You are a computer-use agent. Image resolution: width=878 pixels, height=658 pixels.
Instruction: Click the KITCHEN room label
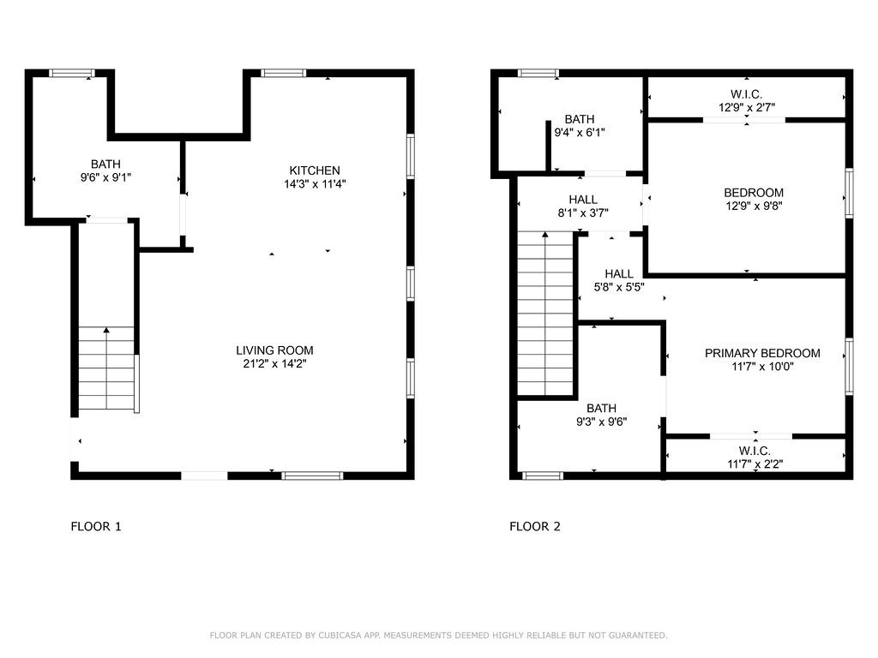click(315, 170)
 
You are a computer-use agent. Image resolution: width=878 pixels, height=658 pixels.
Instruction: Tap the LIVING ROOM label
click(274, 350)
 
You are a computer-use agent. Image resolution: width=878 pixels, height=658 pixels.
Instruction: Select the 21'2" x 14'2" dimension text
click(274, 364)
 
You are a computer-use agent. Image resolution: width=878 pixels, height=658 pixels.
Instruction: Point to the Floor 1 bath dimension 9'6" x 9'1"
click(106, 177)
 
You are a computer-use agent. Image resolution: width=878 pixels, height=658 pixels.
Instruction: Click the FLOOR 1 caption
click(96, 527)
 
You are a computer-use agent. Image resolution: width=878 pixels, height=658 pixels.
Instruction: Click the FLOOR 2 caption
click(535, 527)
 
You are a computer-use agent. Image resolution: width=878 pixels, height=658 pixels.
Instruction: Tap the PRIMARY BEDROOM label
click(762, 353)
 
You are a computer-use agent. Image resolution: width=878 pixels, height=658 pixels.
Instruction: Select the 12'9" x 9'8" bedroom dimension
click(753, 206)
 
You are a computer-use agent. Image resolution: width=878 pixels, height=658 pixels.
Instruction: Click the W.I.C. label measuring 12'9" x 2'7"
click(746, 94)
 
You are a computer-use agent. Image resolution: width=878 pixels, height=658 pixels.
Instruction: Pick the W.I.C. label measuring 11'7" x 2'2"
click(755, 451)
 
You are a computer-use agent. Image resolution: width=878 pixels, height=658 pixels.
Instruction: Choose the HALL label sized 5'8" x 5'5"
click(619, 274)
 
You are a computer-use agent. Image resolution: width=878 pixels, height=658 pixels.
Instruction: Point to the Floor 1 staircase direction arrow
click(106, 330)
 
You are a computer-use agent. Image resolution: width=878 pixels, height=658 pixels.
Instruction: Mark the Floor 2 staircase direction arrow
click(545, 234)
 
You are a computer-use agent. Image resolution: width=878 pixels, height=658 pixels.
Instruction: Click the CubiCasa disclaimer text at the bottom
click(438, 635)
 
